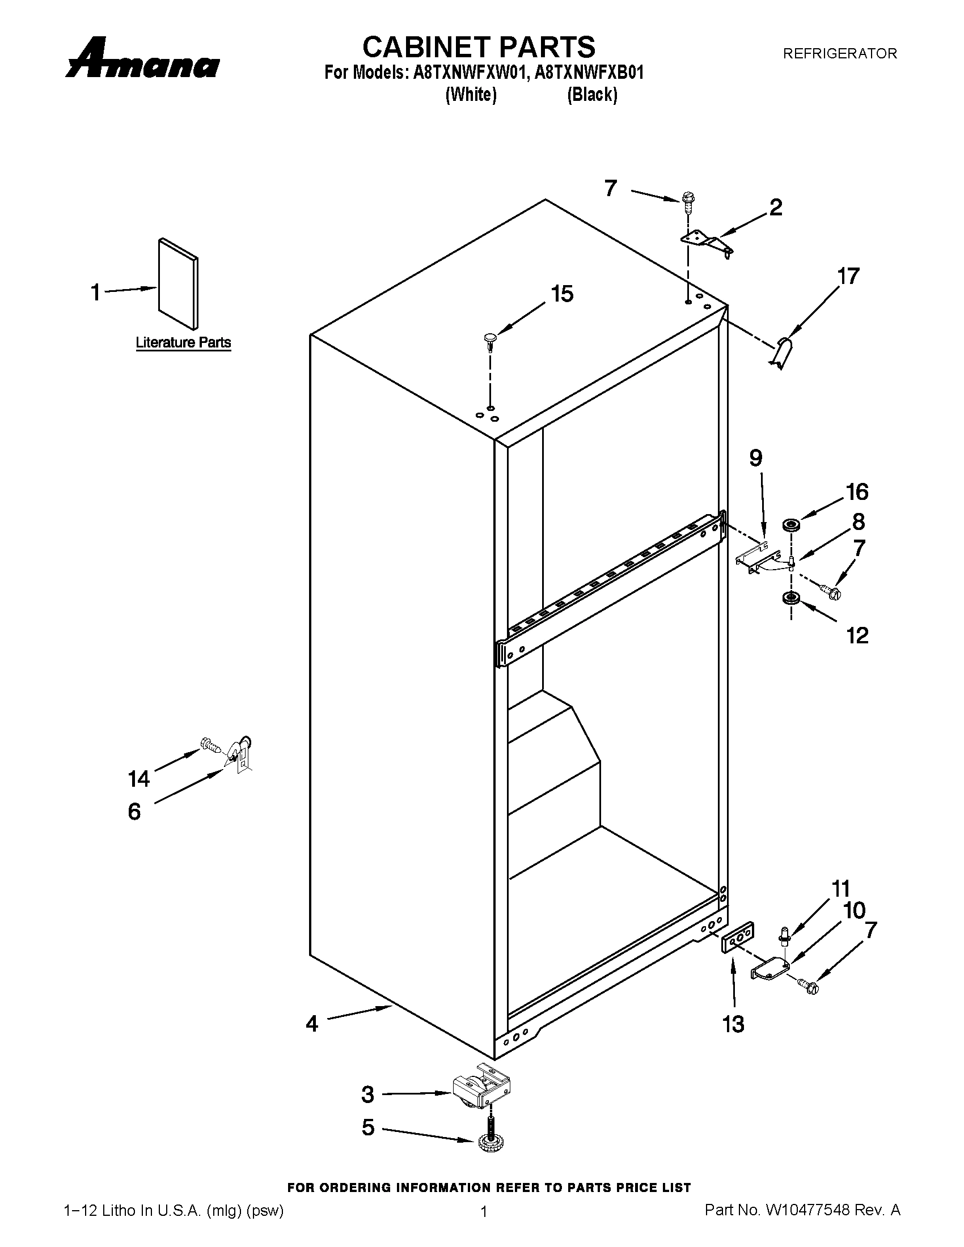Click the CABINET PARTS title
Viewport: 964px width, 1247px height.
click(x=479, y=47)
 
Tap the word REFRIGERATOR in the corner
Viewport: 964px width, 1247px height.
click(x=839, y=54)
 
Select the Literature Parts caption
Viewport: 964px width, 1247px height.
click(x=183, y=342)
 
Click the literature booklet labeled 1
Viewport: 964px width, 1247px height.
click(x=179, y=284)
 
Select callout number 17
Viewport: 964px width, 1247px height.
click(x=848, y=277)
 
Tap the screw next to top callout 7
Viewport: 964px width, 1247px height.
click(x=689, y=202)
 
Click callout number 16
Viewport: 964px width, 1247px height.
click(x=857, y=491)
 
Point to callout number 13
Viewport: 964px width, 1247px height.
click(x=733, y=1024)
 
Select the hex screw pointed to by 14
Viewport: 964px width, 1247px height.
click(x=210, y=745)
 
